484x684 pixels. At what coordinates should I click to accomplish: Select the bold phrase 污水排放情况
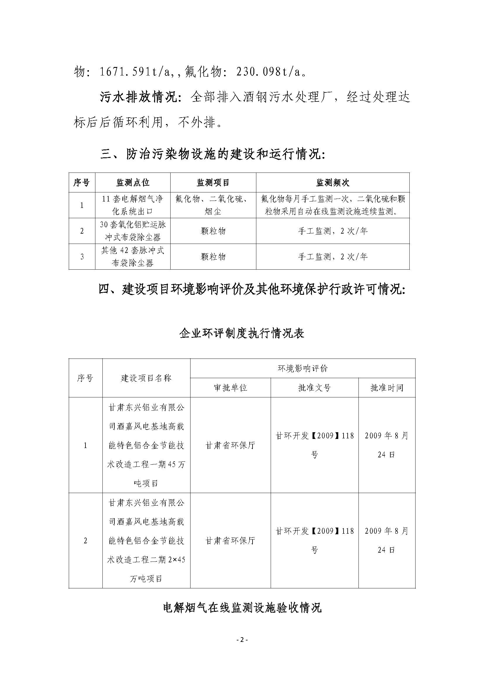139,97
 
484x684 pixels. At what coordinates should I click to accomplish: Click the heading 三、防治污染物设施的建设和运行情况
212,155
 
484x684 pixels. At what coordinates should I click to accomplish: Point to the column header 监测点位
133,182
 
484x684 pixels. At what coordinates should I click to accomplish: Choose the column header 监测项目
213,182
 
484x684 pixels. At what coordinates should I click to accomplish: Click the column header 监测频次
332,182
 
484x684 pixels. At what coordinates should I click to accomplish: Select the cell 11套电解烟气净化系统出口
133,205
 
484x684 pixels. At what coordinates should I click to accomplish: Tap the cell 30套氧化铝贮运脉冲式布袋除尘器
133,231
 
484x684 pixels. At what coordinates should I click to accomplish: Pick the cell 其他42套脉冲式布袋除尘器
133,256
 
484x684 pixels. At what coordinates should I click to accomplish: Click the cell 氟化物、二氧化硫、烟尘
213,205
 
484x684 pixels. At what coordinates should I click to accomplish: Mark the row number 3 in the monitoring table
82,256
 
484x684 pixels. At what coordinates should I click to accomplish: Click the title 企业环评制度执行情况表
242,333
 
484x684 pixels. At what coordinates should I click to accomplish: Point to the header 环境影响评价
303,368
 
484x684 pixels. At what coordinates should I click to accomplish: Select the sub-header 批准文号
314,387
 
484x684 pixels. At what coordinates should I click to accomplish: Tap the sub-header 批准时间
387,387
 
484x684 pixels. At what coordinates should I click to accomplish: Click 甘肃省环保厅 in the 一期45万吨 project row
230,445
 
